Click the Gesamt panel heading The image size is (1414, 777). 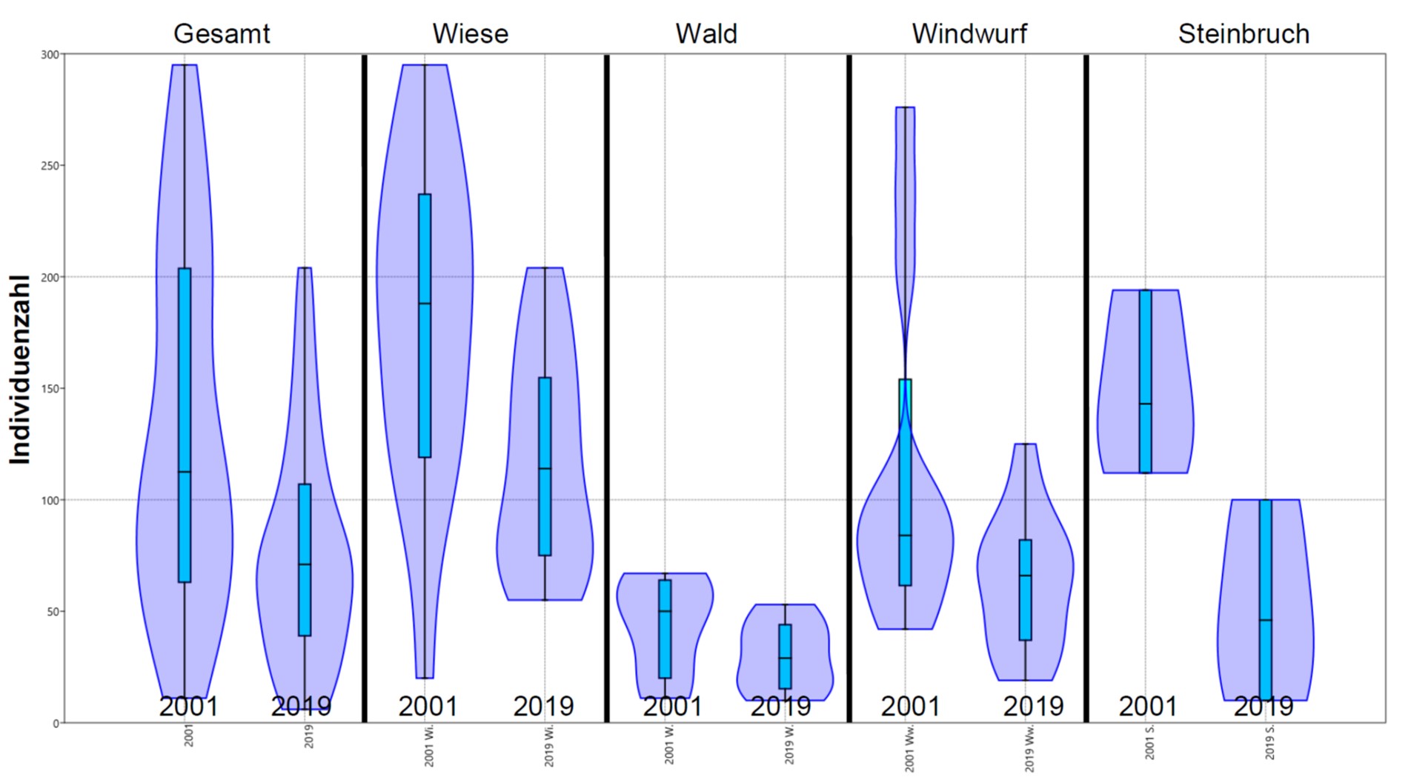click(x=222, y=34)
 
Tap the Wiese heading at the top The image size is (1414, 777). click(x=471, y=34)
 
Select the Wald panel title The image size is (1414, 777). click(x=706, y=34)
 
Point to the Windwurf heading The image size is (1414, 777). click(x=969, y=34)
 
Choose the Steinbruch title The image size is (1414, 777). click(x=1244, y=34)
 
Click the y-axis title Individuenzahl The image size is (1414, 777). click(x=20, y=370)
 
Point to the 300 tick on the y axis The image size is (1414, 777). click(x=50, y=55)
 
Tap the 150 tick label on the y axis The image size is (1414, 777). click(x=50, y=389)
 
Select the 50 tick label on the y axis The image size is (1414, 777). click(x=52, y=612)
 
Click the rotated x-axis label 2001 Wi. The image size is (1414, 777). click(x=429, y=746)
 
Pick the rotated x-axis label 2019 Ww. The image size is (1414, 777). click(x=1029, y=749)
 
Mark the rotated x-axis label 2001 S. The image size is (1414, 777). click(x=1149, y=742)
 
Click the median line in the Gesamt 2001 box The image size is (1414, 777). click(x=185, y=472)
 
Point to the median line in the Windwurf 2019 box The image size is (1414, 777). click(x=1026, y=576)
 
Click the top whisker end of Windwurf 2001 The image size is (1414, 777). click(x=905, y=107)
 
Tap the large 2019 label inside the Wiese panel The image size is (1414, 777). click(x=543, y=707)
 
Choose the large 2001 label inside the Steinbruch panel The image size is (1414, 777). click(x=1148, y=707)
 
